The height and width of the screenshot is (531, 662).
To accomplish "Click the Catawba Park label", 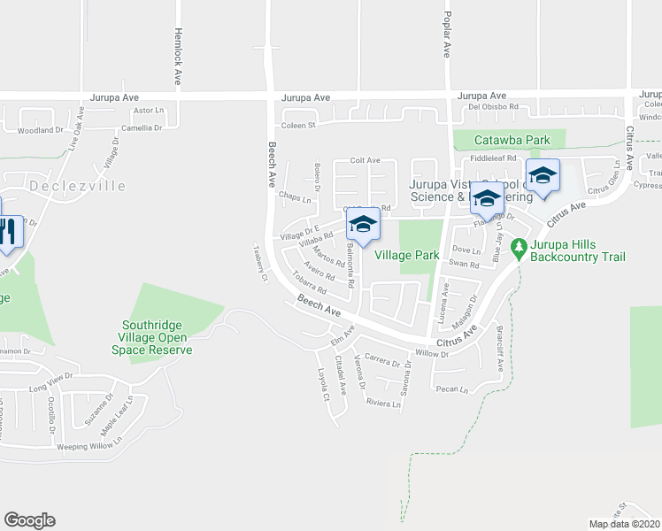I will click(512, 140).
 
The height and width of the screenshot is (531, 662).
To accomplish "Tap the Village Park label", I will click(407, 255).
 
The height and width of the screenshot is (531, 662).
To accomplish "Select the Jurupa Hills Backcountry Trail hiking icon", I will click(520, 245).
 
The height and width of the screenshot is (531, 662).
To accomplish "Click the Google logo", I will click(29, 520).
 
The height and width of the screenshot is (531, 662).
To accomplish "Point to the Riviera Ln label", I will click(384, 403).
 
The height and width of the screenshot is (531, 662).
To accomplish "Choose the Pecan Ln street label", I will click(451, 389).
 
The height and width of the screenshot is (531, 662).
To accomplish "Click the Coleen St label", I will click(299, 126).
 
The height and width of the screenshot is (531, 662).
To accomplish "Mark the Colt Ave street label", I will click(365, 160).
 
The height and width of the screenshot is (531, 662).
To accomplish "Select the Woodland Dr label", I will click(42, 130).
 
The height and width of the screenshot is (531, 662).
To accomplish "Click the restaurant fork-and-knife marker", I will click(7, 231).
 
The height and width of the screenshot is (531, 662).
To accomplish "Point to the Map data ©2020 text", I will click(623, 524).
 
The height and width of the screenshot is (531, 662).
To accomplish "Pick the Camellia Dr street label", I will click(142, 127).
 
